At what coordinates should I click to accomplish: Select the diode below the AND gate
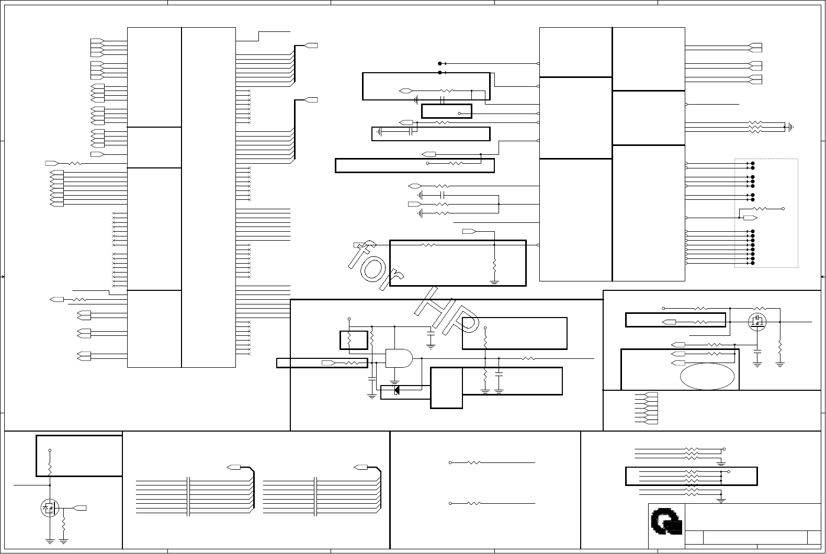(x=397, y=390)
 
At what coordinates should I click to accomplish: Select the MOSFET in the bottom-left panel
(x=50, y=507)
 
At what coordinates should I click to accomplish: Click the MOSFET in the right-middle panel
(x=757, y=321)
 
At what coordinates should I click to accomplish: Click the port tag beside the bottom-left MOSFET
(x=80, y=507)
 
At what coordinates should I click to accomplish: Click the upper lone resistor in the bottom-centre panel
(x=473, y=462)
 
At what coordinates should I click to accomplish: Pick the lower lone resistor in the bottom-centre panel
(x=473, y=503)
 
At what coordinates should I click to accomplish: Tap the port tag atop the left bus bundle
(x=233, y=467)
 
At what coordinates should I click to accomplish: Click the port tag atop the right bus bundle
(x=360, y=467)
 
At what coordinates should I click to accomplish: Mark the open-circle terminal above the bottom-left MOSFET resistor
(x=50, y=450)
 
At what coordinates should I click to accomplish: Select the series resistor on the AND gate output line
(x=529, y=358)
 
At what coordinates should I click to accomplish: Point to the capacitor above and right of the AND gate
(x=431, y=333)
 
